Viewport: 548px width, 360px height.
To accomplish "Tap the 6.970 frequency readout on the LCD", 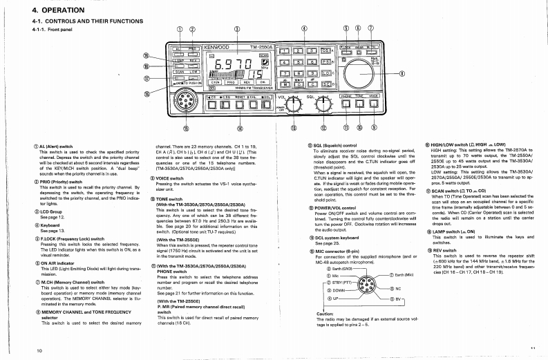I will pos(216,66).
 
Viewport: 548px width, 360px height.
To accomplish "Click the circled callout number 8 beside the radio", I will pos(402,74).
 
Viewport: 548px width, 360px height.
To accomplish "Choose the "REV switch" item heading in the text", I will pos(447,249).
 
